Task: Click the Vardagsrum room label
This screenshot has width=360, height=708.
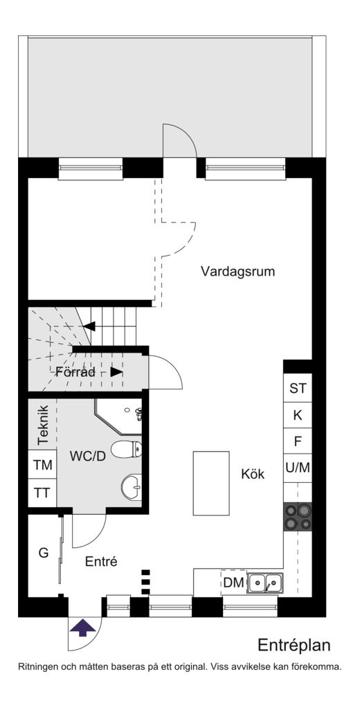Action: (237, 272)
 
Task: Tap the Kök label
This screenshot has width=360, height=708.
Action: (253, 475)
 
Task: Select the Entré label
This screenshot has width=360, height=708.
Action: (101, 561)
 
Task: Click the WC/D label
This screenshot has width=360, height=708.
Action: (87, 456)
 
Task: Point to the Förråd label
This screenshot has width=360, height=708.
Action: (75, 373)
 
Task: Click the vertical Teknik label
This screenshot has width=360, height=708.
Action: (43, 425)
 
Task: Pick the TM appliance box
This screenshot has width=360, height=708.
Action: (43, 465)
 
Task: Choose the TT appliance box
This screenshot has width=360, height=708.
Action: (43, 493)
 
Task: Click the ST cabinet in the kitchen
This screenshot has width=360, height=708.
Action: (298, 389)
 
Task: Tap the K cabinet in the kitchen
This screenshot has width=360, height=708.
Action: (298, 416)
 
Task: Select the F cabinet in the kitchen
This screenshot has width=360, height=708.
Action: (298, 441)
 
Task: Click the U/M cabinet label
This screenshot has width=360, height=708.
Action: (298, 468)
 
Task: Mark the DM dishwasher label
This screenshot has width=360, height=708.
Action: (234, 583)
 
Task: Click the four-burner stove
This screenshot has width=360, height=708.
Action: (298, 517)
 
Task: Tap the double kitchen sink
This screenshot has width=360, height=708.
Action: (265, 583)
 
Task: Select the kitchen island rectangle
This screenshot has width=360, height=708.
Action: (211, 483)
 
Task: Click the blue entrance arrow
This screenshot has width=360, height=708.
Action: (82, 628)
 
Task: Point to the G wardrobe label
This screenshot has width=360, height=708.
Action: (44, 553)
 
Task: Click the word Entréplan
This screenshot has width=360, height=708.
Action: (294, 645)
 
